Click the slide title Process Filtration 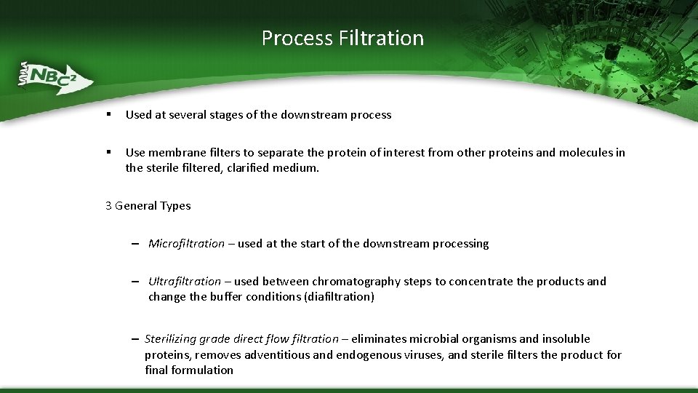[x=342, y=38]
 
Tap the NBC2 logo [x=55, y=76]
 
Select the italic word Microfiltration [x=186, y=244]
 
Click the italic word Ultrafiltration [x=185, y=282]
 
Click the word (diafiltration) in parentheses [x=340, y=297]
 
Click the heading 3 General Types [x=148, y=206]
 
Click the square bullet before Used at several [x=108, y=114]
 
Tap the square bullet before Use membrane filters [x=108, y=152]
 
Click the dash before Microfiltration [x=136, y=245]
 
